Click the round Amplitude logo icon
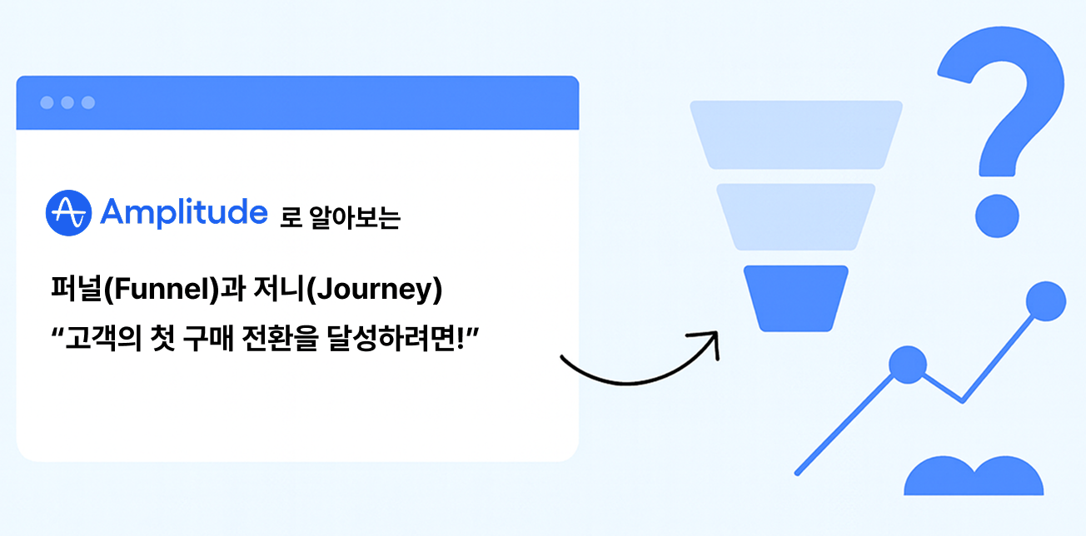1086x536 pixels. click(x=67, y=213)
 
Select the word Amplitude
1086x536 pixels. click(x=183, y=213)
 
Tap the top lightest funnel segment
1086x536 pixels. click(x=795, y=134)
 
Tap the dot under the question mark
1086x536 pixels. click(x=997, y=216)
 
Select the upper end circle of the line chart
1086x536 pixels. click(x=1046, y=301)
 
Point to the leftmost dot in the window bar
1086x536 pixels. click(x=47, y=102)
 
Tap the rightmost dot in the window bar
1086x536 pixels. click(x=88, y=102)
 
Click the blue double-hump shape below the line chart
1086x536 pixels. click(x=973, y=479)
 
